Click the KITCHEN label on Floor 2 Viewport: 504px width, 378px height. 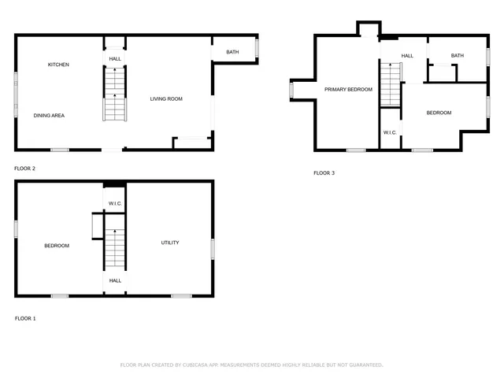tap(58, 65)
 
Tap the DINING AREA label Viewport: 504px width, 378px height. tap(49, 116)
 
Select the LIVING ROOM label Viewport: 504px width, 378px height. tap(166, 98)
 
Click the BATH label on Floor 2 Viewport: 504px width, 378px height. tap(232, 52)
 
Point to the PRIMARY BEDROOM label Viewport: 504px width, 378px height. tap(348, 90)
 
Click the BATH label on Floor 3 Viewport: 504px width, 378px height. tap(457, 55)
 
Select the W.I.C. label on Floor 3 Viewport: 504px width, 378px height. tap(391, 132)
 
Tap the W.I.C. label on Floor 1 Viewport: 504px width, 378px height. tap(115, 203)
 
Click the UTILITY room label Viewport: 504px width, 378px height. tap(169, 243)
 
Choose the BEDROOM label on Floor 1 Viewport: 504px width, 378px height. tap(57, 246)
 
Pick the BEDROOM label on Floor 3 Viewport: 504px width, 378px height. tap(439, 113)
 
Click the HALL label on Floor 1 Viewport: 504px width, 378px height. tap(115, 280)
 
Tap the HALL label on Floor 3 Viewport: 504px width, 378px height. tap(407, 56)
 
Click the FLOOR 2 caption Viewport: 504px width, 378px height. tap(24, 168)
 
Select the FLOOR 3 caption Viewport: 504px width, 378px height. tap(324, 172)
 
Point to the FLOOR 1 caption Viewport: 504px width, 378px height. tap(24, 318)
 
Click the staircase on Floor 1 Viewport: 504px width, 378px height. tap(115, 247)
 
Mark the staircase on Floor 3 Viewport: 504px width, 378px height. tap(391, 85)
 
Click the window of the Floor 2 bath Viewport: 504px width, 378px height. tap(257, 47)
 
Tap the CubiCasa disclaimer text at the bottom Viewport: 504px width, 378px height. tap(251, 365)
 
